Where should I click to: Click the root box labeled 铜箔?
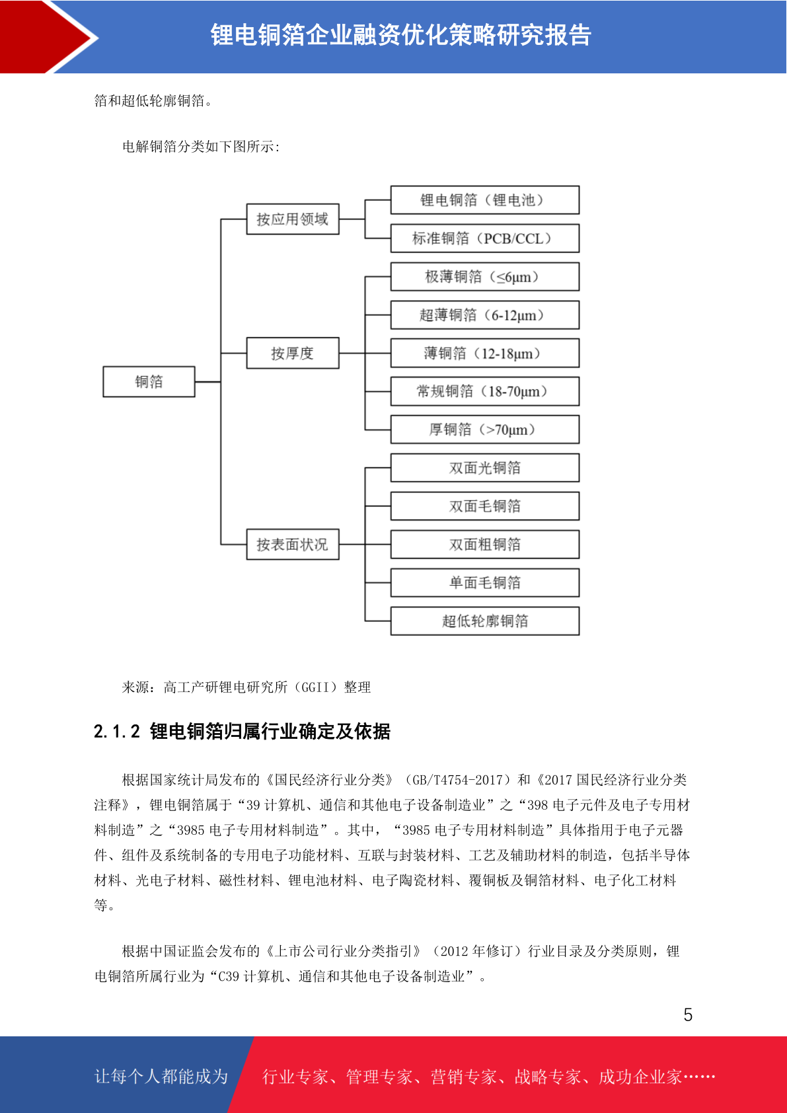[149, 381]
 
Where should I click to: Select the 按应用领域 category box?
[293, 219]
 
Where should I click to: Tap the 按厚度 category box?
[293, 353]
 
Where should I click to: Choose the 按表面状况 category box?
[293, 544]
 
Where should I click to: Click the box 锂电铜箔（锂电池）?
[485, 200]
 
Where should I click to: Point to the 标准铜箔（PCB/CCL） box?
[485, 238]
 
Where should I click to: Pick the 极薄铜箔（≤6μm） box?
[485, 276]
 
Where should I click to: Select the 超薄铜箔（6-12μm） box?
[485, 315]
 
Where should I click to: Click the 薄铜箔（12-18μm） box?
[485, 353]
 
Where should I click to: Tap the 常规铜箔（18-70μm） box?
[485, 391]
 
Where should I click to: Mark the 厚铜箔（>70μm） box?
[485, 430]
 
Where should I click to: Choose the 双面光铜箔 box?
[485, 467]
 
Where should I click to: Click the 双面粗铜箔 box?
[485, 544]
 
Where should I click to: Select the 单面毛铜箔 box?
[485, 582]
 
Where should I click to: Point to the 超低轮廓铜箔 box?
[485, 621]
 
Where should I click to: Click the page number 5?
[688, 1014]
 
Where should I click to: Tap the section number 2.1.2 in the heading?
[117, 732]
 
